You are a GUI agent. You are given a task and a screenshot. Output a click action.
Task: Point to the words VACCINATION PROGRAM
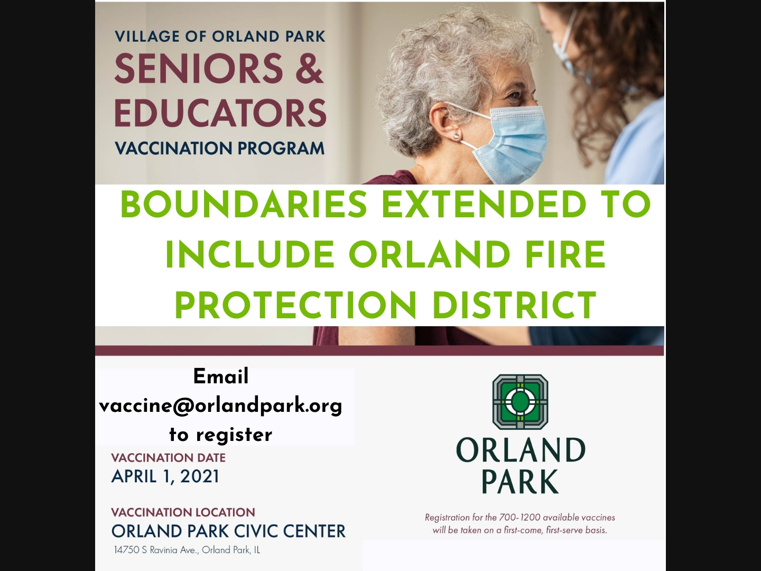220,148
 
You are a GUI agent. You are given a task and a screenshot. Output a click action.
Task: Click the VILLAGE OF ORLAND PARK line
220,36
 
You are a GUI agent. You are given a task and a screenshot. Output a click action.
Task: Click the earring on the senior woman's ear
457,136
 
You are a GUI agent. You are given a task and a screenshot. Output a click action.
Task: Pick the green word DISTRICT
515,306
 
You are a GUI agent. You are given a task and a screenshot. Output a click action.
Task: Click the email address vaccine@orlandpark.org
220,406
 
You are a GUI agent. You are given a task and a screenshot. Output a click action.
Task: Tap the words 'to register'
221,435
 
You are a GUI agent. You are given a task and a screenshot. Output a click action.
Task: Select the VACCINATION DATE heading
168,458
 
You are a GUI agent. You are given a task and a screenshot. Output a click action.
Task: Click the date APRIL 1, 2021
165,476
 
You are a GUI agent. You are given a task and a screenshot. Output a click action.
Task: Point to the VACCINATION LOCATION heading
183,512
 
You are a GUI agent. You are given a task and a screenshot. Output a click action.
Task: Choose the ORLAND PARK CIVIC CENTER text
228,531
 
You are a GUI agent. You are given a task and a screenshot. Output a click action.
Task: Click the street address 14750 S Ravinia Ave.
157,550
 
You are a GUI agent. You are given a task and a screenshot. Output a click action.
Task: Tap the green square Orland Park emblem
520,402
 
